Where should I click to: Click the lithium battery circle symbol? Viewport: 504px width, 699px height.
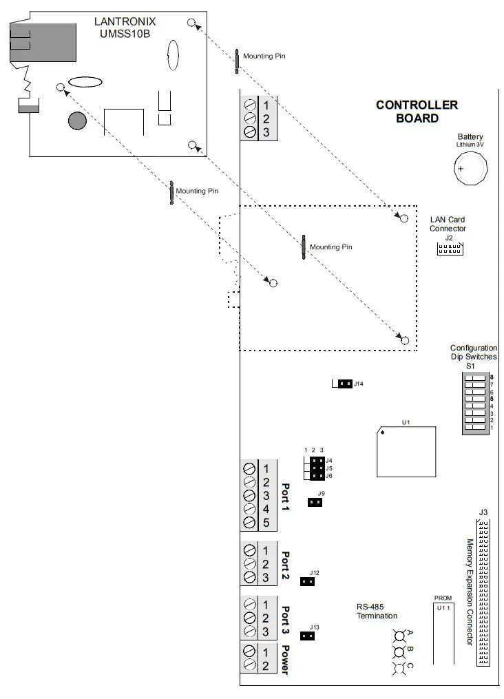(x=472, y=166)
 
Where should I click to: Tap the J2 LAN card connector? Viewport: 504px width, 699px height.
(x=450, y=248)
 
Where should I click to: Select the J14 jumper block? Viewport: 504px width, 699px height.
(x=345, y=384)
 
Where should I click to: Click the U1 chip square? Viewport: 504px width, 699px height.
(x=406, y=451)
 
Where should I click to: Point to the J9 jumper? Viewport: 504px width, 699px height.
(x=315, y=502)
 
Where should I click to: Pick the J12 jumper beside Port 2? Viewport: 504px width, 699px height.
(x=308, y=581)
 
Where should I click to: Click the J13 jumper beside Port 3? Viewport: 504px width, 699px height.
(x=308, y=636)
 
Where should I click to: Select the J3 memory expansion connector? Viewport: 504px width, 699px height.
(x=483, y=592)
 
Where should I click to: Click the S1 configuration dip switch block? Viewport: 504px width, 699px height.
(x=474, y=403)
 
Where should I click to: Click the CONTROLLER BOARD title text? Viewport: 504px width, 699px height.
(x=417, y=112)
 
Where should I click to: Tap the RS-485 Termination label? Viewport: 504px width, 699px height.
(x=377, y=611)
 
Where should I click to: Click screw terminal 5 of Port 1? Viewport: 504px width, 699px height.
(x=265, y=522)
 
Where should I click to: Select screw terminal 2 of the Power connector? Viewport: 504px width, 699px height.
(x=265, y=665)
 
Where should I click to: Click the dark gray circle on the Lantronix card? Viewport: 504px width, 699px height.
(x=77, y=121)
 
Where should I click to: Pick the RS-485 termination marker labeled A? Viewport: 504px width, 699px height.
(x=399, y=635)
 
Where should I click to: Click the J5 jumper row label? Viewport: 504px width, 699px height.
(x=329, y=468)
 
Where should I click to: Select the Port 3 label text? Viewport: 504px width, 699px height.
(x=286, y=620)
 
